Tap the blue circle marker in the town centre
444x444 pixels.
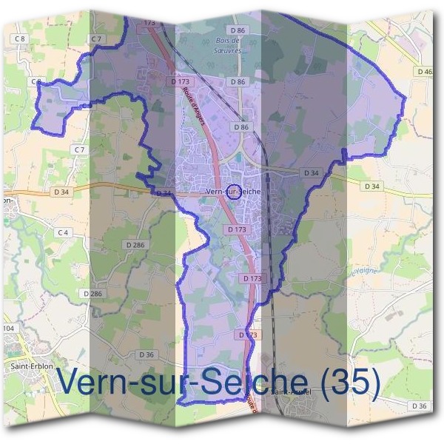[232, 192]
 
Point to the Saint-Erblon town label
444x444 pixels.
[30, 365]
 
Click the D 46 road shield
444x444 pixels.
[424, 72]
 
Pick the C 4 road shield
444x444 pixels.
[63, 232]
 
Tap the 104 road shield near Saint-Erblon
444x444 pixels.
[8, 328]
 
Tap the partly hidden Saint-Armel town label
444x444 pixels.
[290, 392]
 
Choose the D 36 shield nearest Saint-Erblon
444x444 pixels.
[147, 354]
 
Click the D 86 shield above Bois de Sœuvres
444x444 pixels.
[237, 30]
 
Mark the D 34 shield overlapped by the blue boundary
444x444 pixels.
[164, 193]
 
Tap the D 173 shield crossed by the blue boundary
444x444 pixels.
[249, 335]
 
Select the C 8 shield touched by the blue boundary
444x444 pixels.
[37, 81]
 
